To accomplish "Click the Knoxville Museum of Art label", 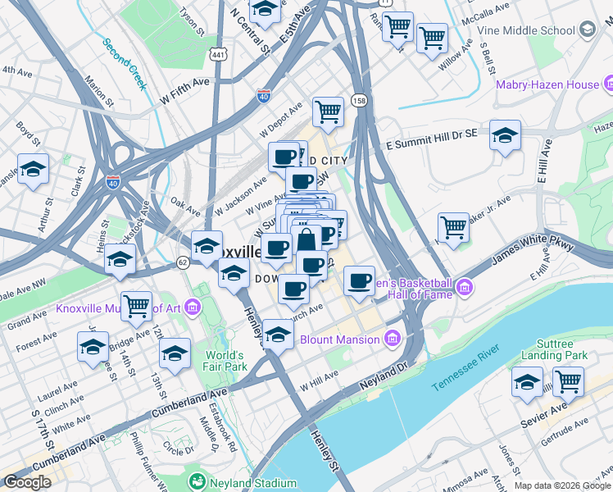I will coord(120,308).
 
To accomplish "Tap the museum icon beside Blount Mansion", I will coord(392,338).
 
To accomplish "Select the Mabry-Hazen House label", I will coord(547,84).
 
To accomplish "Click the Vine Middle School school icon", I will coord(587,30).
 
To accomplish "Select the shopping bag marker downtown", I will coord(306,242).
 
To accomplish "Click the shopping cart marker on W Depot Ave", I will coord(328,111).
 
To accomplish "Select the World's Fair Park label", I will coord(226,361).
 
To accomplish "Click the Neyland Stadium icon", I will coord(197,481).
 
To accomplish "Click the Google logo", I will coord(27,482).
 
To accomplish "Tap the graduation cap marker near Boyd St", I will coord(33,170).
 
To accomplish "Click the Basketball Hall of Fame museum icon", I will coord(465,286).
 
